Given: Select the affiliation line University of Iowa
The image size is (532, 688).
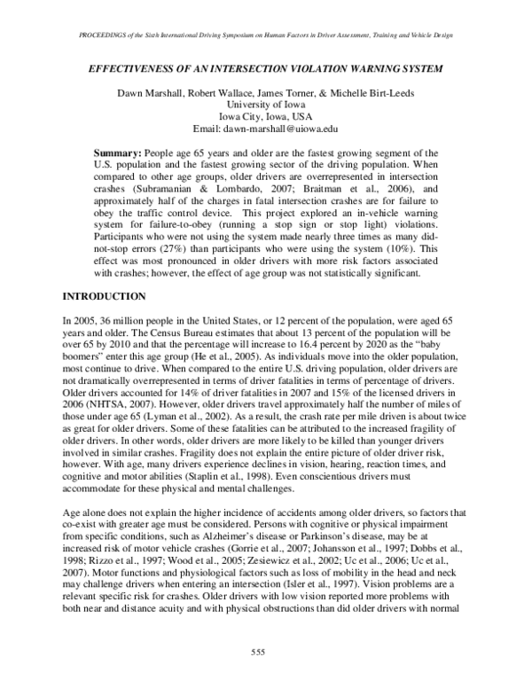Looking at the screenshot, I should pyautogui.click(x=265, y=103).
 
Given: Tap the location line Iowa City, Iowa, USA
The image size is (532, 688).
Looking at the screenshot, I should pyautogui.click(x=265, y=115).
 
